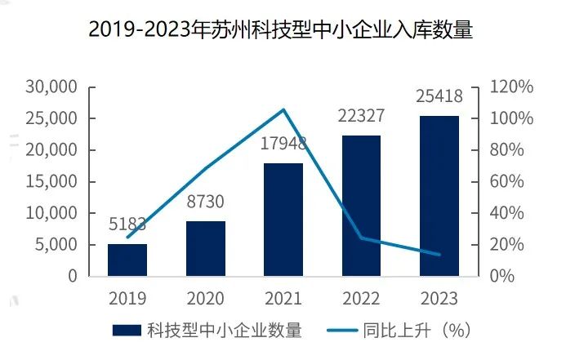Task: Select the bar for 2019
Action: point(127,260)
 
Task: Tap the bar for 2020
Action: point(206,248)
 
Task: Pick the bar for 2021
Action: point(283,219)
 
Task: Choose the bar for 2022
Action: point(361,206)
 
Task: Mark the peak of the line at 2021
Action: point(283,109)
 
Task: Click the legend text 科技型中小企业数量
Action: point(225,331)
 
